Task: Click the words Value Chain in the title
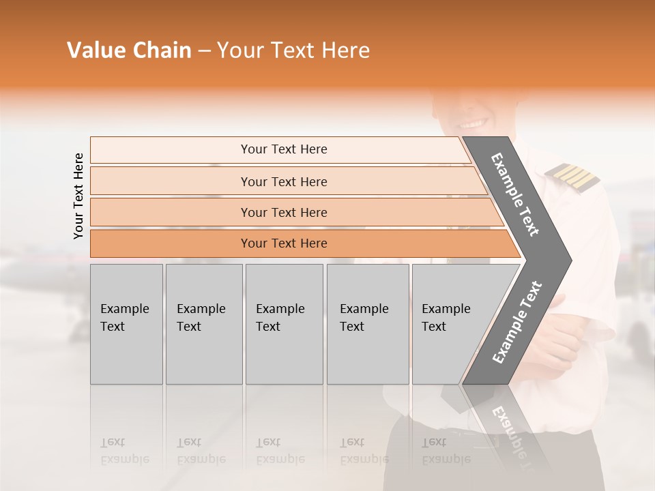tap(129, 50)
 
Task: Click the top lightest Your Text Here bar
tap(284, 149)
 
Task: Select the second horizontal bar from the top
tap(284, 181)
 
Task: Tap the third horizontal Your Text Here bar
tap(284, 213)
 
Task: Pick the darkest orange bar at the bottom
tap(284, 243)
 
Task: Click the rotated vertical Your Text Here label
tap(78, 196)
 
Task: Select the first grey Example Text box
tap(126, 324)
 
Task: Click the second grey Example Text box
tap(203, 324)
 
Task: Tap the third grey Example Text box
tap(284, 324)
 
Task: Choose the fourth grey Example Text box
tap(367, 324)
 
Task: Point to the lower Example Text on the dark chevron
tap(517, 322)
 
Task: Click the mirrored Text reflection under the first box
tap(113, 442)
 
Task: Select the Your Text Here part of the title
tap(293, 50)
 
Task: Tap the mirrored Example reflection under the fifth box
tap(446, 459)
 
